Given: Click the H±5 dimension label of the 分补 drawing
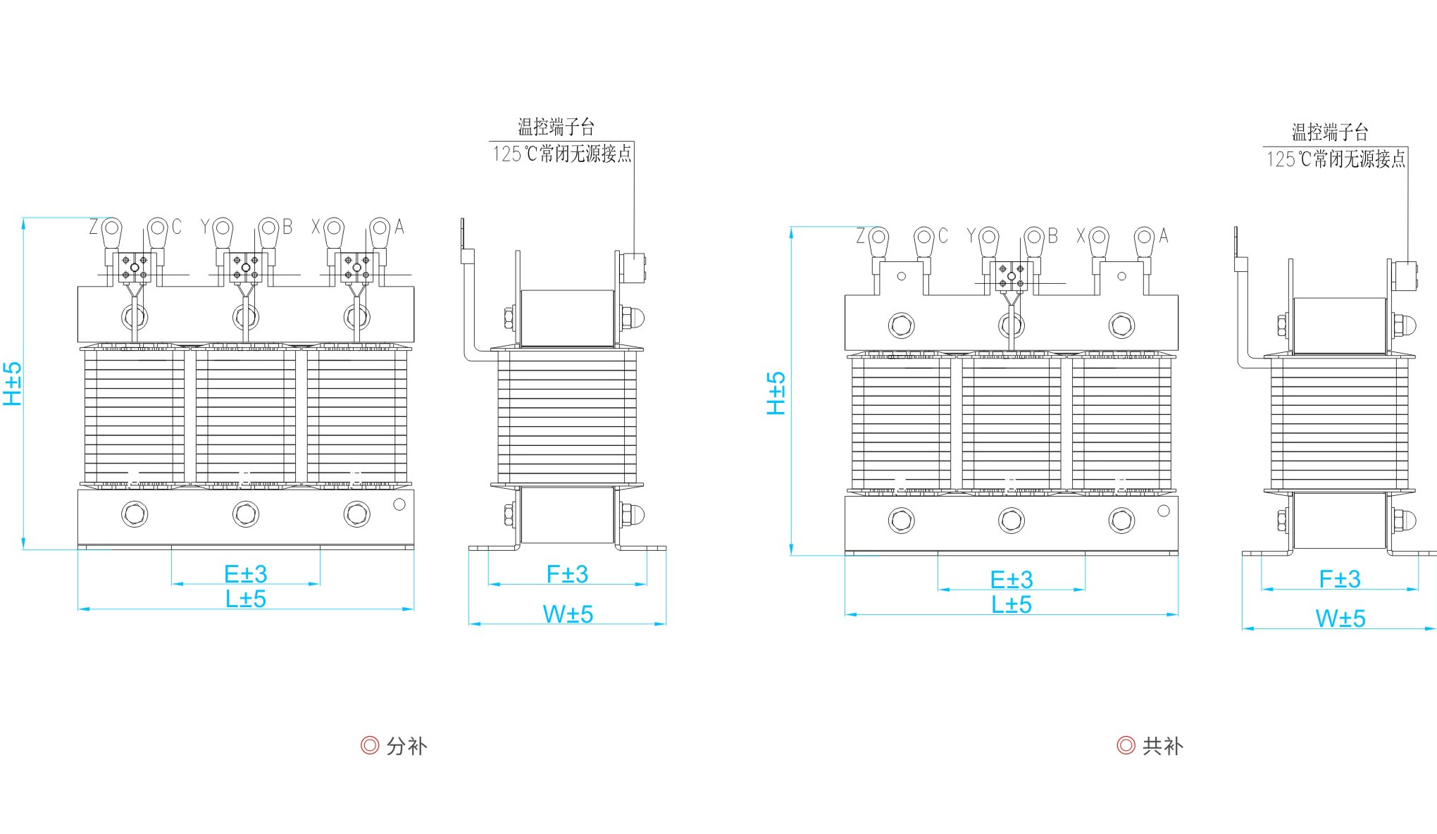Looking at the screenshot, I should (x=13, y=384).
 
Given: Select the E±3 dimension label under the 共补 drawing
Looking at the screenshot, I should (x=1012, y=580).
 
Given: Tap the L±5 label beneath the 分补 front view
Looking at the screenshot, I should (x=246, y=599).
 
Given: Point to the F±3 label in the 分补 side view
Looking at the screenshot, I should (x=567, y=574).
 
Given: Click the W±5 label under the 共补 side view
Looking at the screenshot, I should (x=1340, y=618).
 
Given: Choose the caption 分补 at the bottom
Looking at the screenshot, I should (x=406, y=746).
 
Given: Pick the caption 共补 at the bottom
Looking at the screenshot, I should (x=1162, y=746).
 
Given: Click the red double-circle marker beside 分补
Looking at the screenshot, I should (x=370, y=745).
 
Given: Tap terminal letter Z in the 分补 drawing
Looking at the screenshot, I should (x=94, y=227).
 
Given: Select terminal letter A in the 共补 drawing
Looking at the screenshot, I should (x=1164, y=236).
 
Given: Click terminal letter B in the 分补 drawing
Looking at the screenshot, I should (x=287, y=227).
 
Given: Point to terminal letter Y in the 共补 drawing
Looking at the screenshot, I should (x=971, y=236).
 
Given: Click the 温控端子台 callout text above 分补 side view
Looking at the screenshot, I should (x=556, y=127).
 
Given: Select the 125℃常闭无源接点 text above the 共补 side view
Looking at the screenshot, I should (x=1336, y=159).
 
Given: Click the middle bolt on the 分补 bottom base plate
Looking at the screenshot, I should (x=246, y=514).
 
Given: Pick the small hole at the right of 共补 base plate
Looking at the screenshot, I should (x=1164, y=510).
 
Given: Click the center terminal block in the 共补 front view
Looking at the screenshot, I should (x=1012, y=276).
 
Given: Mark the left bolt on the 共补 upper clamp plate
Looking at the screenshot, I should (x=902, y=325).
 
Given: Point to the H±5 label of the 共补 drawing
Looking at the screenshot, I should (x=776, y=393).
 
